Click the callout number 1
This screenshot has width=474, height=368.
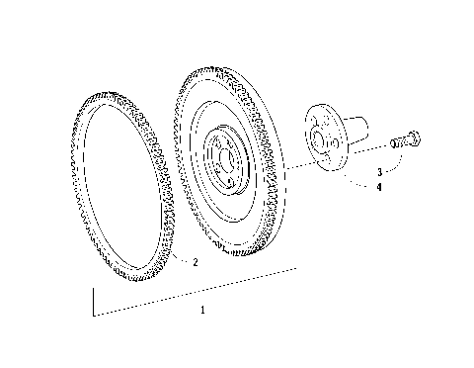click(x=201, y=309)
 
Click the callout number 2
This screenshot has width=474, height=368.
click(x=196, y=262)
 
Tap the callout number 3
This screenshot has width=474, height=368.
click(x=378, y=172)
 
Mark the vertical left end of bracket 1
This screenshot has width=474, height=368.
click(x=94, y=302)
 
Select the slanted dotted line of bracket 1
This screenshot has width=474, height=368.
click(x=197, y=291)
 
